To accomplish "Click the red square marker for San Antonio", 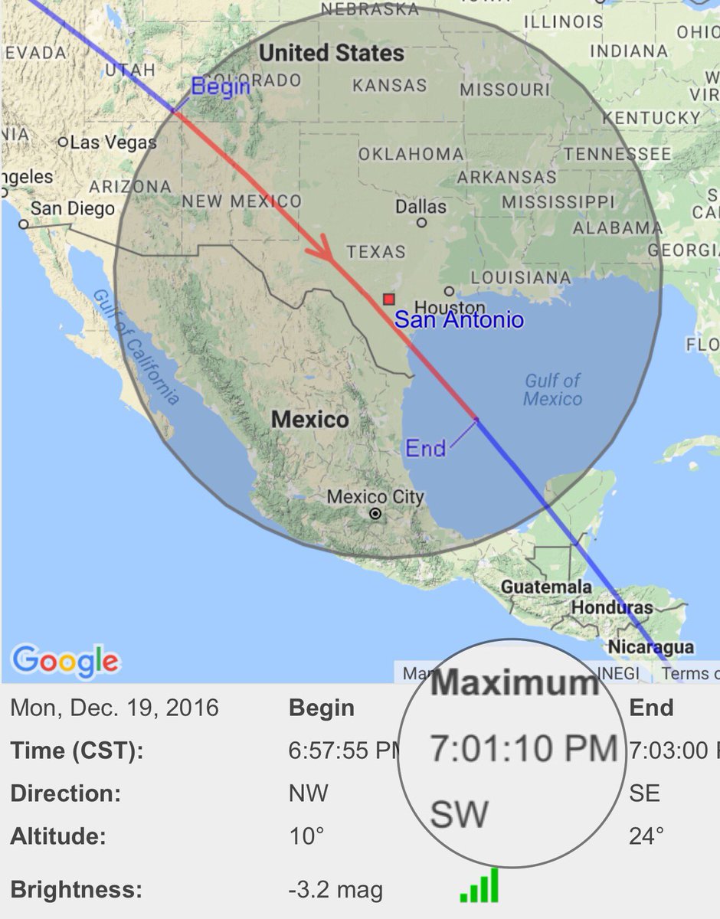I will [x=389, y=299].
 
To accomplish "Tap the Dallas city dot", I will [x=421, y=223].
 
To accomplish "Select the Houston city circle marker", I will [x=449, y=291].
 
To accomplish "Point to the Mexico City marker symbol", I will [x=375, y=514].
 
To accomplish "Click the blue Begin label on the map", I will [x=221, y=87].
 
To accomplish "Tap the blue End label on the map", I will [x=426, y=448].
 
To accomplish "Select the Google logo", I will [x=66, y=660].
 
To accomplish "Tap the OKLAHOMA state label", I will [x=411, y=154].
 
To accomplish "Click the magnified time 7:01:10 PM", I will [x=524, y=748].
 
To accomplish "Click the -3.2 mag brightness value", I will [x=335, y=891].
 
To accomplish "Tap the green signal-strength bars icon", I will [x=479, y=885].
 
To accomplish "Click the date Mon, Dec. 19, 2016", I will [x=114, y=708].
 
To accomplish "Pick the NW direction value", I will [x=307, y=793].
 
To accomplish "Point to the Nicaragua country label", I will [x=650, y=647].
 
